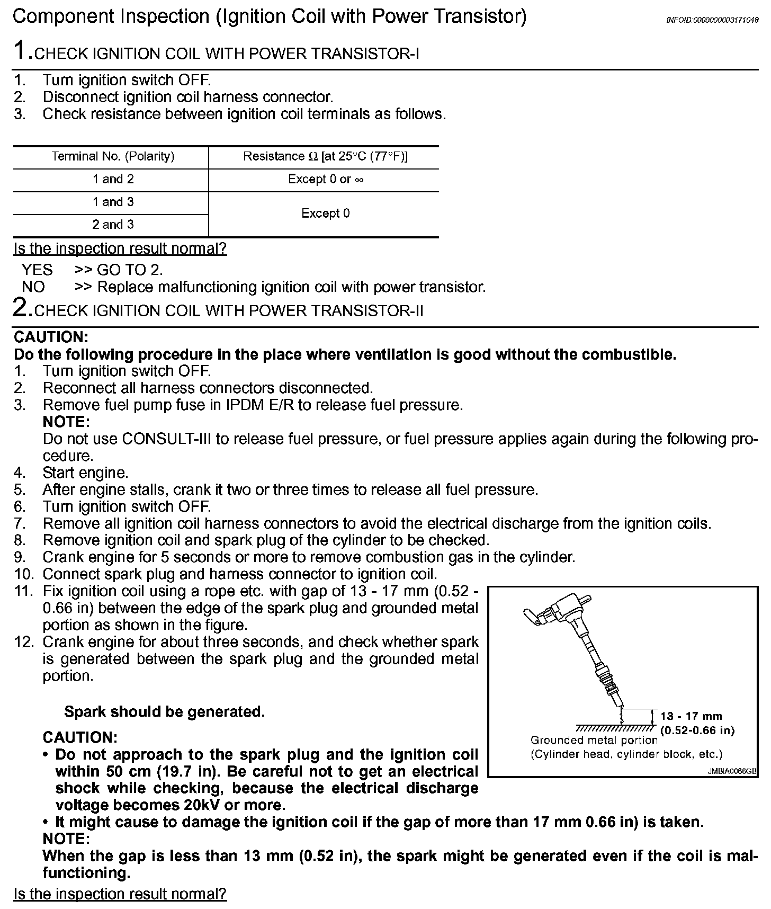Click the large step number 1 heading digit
(x=21, y=51)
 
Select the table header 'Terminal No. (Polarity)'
(x=113, y=157)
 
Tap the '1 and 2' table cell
(x=113, y=179)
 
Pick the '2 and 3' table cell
(x=113, y=225)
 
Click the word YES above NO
(x=37, y=270)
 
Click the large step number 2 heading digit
(x=21, y=308)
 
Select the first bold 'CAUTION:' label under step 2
(x=51, y=337)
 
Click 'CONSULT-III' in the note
(x=159, y=439)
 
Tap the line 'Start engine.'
(x=85, y=473)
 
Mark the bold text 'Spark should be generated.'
(x=164, y=712)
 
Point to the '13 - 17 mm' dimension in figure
(x=691, y=717)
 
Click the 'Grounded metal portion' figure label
(x=594, y=741)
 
